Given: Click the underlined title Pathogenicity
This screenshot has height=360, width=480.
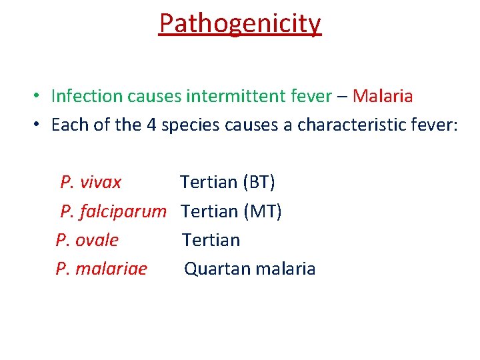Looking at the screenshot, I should tap(240, 23).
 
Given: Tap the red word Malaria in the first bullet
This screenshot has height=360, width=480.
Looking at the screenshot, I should tap(383, 97).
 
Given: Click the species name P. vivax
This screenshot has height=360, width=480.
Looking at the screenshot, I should tap(91, 183).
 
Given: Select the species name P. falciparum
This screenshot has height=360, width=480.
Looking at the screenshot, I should tap(113, 212).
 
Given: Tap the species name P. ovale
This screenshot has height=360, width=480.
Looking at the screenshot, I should tap(87, 240).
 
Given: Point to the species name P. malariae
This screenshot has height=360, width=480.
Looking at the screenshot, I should tap(101, 269).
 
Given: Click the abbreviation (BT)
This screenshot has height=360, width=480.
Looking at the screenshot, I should tap(259, 183).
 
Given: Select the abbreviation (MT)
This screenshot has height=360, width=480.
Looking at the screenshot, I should tap(263, 212).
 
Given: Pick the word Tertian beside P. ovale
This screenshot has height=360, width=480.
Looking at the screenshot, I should tap(211, 240).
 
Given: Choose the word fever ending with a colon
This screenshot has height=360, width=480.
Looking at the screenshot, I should tap(436, 125).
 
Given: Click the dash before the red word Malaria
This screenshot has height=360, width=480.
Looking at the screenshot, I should tap(342, 97).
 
